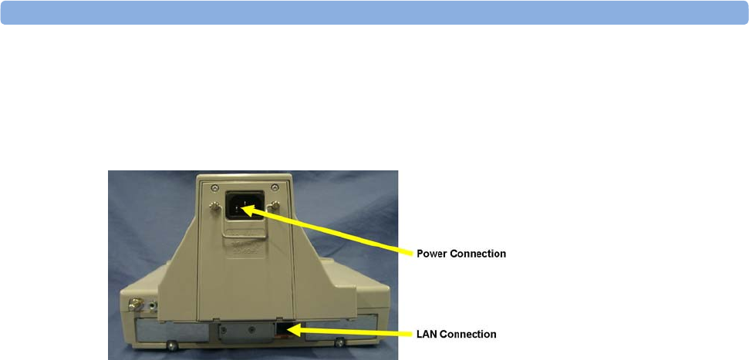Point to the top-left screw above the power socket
click(x=207, y=186)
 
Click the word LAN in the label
click(x=427, y=335)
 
